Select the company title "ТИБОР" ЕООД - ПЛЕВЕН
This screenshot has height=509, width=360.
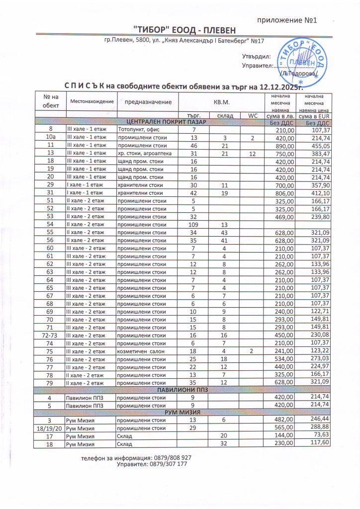180,31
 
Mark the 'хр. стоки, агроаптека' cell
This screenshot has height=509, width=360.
145,154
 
